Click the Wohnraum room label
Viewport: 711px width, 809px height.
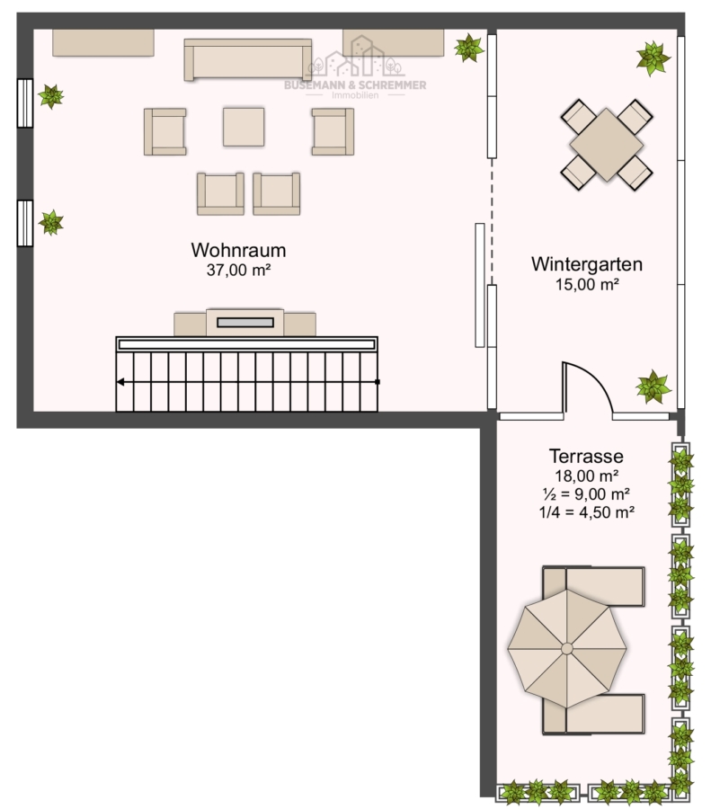[238, 250]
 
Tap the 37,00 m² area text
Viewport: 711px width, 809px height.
[239, 270]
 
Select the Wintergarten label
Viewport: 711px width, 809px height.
[587, 264]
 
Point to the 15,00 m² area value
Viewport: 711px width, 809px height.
[587, 284]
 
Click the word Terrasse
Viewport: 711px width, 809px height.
[586, 456]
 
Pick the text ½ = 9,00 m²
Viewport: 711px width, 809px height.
[586, 493]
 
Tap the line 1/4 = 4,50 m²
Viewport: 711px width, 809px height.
[586, 512]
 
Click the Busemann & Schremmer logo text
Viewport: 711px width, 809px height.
[355, 85]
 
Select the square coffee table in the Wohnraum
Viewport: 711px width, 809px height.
[244, 127]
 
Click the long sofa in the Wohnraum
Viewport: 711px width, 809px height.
[248, 59]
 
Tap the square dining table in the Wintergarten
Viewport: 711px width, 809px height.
[606, 145]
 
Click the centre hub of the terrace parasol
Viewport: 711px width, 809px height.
[566, 648]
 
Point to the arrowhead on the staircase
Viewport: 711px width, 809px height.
[120, 382]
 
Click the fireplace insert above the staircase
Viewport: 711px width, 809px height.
[245, 323]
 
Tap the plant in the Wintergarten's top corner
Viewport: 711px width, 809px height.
[653, 58]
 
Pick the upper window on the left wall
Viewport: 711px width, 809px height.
[25, 103]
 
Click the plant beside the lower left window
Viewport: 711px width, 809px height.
[50, 222]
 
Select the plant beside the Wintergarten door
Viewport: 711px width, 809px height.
[653, 387]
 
